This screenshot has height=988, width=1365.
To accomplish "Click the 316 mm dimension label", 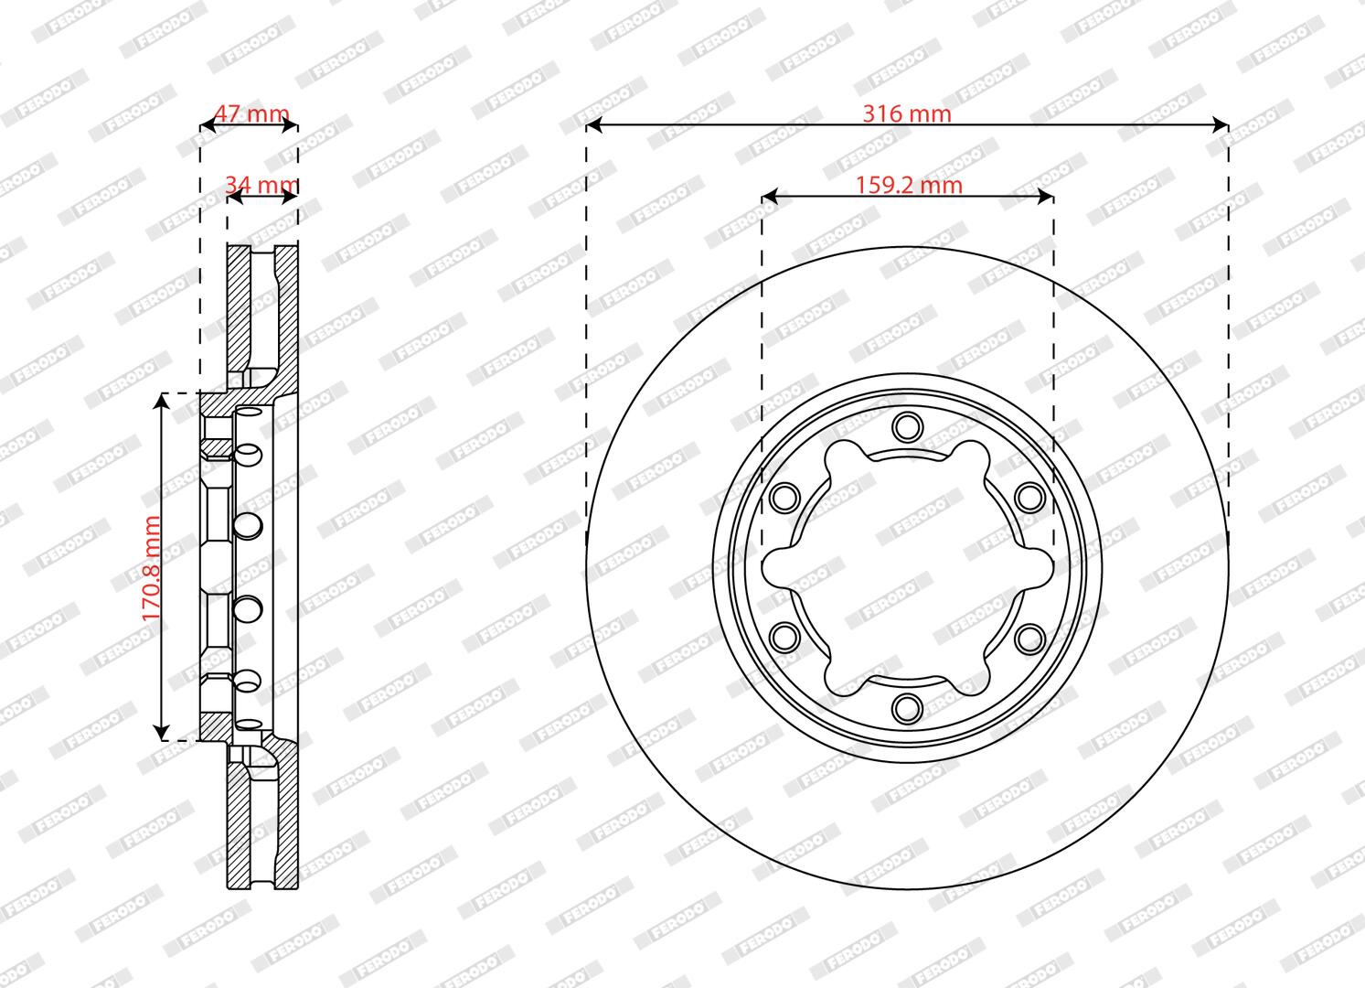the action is tap(907, 113).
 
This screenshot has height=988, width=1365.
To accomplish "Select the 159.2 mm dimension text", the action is tap(909, 185).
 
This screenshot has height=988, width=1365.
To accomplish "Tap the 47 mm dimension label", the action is tap(252, 113).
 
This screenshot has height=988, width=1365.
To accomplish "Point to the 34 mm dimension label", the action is tap(261, 185).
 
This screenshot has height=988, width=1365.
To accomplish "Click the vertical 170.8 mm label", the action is tap(151, 568).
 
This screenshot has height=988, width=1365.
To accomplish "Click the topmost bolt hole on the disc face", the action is tap(907, 426).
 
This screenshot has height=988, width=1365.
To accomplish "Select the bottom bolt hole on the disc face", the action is tap(907, 708).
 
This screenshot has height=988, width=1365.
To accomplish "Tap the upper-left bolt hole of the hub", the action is tap(784, 497).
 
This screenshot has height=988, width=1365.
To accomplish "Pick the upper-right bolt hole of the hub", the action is tap(1029, 497).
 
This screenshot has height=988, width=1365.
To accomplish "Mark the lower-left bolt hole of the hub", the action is tap(784, 638).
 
